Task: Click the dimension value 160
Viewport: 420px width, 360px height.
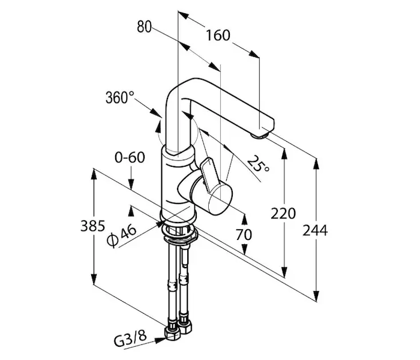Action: point(217,35)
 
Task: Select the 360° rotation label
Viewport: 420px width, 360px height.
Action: point(119,97)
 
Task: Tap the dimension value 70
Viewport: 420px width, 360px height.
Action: point(243,234)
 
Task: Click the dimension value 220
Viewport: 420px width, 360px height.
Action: point(283,212)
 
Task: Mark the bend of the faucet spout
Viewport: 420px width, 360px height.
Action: point(183,90)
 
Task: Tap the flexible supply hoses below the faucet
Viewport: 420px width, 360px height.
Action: point(179,276)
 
